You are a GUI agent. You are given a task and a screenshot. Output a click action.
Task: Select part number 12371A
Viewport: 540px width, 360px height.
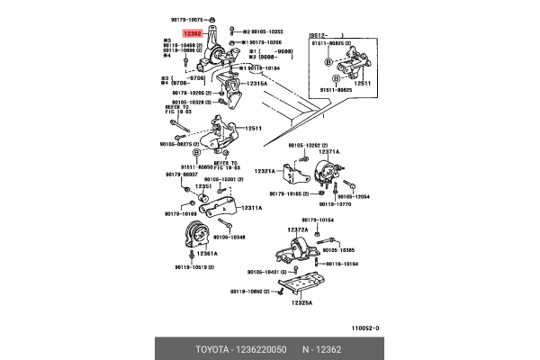click(x=328, y=152)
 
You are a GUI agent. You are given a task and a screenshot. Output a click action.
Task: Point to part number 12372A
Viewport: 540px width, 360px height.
click(x=298, y=229)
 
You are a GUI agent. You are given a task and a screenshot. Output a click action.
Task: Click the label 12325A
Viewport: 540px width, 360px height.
click(x=301, y=303)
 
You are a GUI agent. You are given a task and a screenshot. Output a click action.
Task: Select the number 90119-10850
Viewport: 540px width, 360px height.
click(x=249, y=292)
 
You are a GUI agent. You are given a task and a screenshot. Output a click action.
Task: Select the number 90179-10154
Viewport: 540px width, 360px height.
click(x=316, y=219)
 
